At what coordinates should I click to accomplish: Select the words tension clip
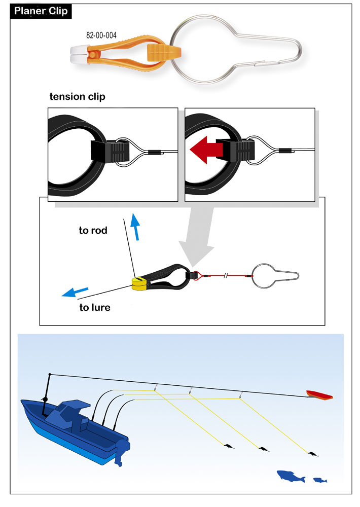click(x=77, y=97)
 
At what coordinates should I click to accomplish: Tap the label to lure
click(x=95, y=307)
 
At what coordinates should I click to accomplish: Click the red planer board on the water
click(x=319, y=395)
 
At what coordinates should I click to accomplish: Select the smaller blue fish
click(x=320, y=479)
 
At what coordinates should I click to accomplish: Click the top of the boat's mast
click(x=49, y=375)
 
